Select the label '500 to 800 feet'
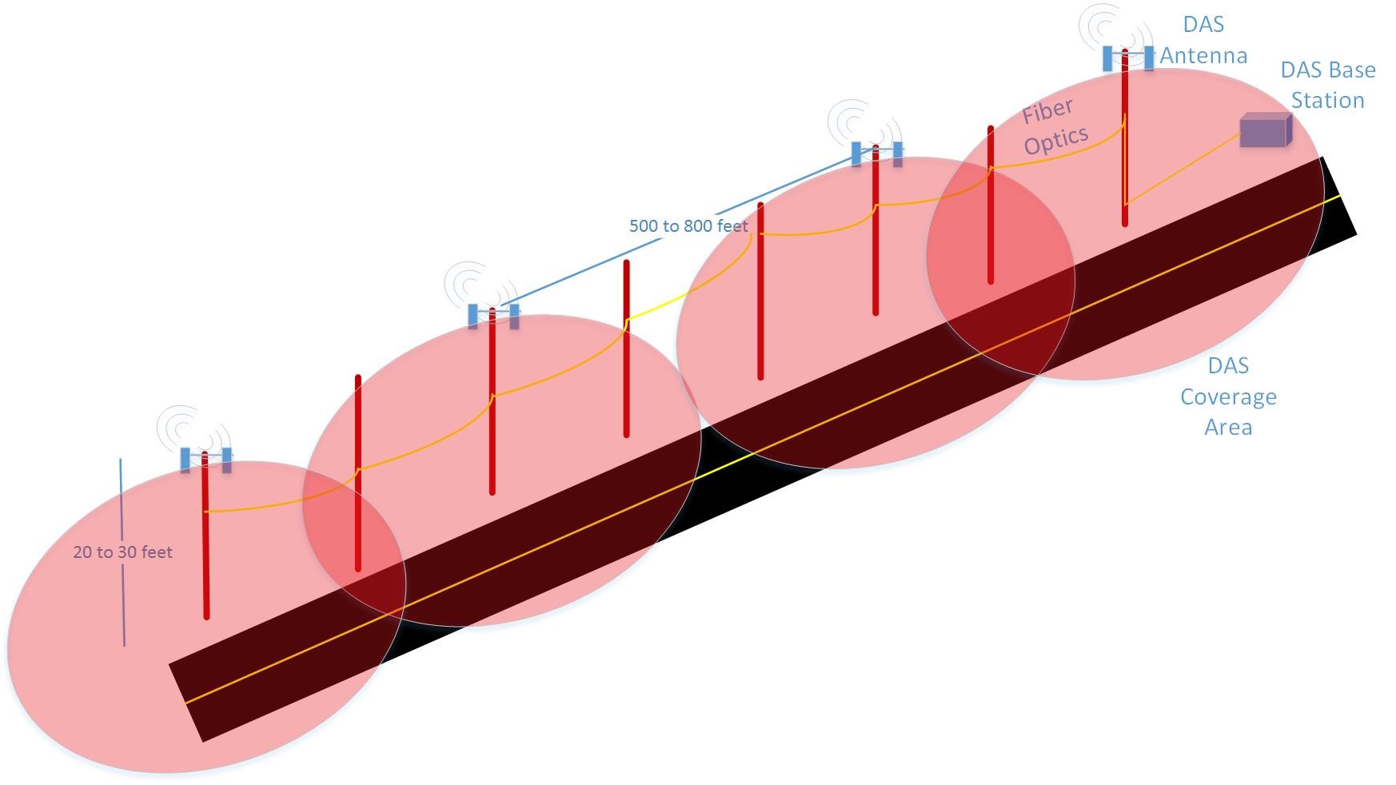click(688, 226)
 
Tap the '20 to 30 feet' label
click(122, 552)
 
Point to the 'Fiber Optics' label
click(1053, 126)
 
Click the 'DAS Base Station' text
click(1327, 85)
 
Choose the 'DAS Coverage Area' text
click(1228, 396)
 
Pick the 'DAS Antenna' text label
click(1203, 40)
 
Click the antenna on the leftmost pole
click(205, 460)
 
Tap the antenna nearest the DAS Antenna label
click(1127, 58)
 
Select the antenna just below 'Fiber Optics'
click(876, 153)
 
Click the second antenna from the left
click(493, 316)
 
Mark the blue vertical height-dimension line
click(122, 552)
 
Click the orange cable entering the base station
click(1183, 169)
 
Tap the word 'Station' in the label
click(1327, 100)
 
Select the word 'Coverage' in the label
click(1228, 397)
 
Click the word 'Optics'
click(1056, 141)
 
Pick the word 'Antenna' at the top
click(1203, 55)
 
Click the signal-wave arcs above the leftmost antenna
click(186, 428)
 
